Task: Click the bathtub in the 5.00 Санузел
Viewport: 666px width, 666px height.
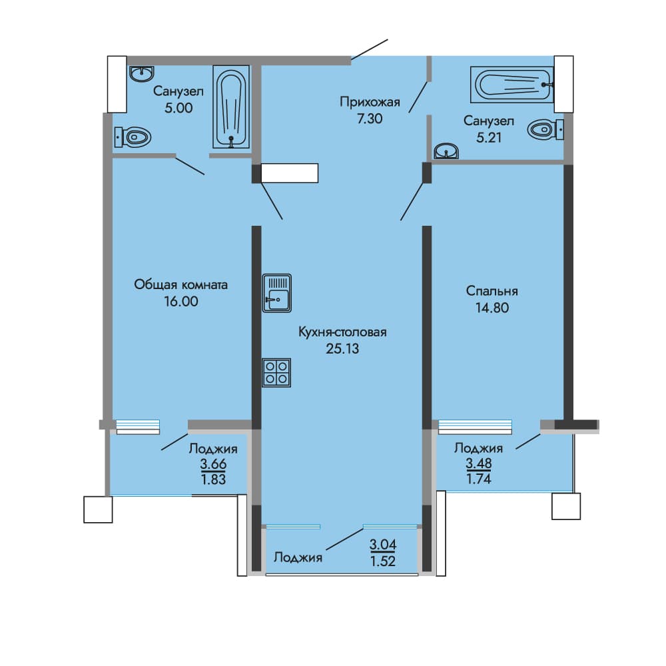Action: (x=231, y=107)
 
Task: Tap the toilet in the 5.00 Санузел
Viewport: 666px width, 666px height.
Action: (x=133, y=137)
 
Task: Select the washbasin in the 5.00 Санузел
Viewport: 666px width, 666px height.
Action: (x=141, y=73)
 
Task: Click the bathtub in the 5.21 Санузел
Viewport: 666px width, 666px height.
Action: (x=512, y=85)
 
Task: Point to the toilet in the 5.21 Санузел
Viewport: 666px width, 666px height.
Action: (x=546, y=129)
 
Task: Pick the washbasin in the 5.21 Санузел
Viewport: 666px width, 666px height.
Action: (x=446, y=151)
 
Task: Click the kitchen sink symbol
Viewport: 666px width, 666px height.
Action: (x=277, y=293)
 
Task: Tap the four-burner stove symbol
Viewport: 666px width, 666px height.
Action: (x=276, y=373)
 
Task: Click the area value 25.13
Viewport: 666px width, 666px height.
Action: (x=342, y=349)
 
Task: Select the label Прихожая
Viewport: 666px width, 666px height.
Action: (x=370, y=102)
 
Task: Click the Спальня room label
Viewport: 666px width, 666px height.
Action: (x=492, y=291)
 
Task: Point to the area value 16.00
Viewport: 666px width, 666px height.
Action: (x=181, y=302)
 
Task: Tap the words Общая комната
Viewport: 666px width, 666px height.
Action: (x=181, y=284)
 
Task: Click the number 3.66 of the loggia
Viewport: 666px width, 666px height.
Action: (x=213, y=464)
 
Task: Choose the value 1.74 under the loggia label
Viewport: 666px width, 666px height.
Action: (x=479, y=479)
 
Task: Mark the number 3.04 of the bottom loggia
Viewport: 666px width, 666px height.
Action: (x=383, y=544)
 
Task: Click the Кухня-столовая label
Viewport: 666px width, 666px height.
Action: (x=342, y=332)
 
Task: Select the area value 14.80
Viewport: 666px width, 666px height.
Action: (x=492, y=308)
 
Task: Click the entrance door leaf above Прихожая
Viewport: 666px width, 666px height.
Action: (x=370, y=50)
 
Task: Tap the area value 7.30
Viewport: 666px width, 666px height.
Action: (x=370, y=119)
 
